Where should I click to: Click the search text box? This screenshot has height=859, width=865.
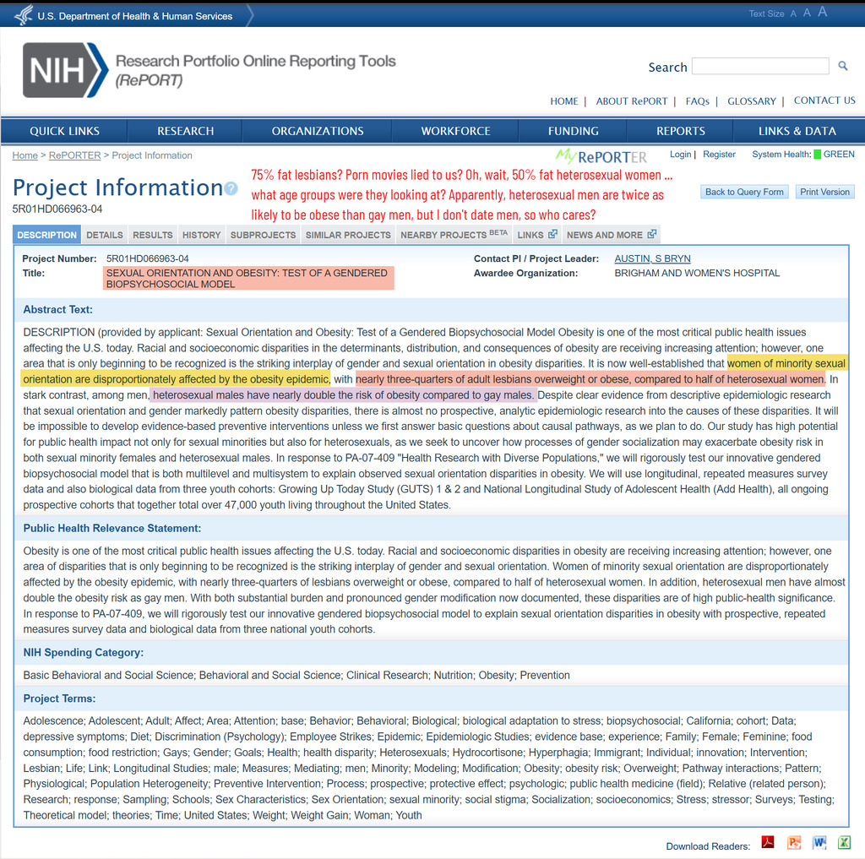tap(759, 67)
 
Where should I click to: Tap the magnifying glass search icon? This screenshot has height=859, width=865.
tap(842, 66)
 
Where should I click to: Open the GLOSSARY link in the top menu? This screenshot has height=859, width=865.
tap(751, 101)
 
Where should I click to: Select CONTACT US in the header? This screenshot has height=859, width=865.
tap(824, 101)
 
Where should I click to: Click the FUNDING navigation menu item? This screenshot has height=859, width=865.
tap(573, 131)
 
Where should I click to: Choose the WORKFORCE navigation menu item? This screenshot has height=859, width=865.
tap(455, 131)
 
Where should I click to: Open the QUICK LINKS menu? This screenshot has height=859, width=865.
tap(64, 131)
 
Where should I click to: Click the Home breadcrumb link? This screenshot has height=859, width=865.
tap(24, 155)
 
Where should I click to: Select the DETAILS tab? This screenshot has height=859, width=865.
tap(105, 235)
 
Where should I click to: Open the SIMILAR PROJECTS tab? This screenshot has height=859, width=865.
tap(348, 235)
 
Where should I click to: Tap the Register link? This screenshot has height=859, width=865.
tap(719, 155)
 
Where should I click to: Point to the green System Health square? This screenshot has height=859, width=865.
tap(817, 155)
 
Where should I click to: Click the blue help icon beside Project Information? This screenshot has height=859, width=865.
tap(231, 188)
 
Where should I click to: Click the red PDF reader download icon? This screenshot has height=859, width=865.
tap(768, 843)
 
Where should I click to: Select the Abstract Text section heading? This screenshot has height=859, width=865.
tap(57, 310)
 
